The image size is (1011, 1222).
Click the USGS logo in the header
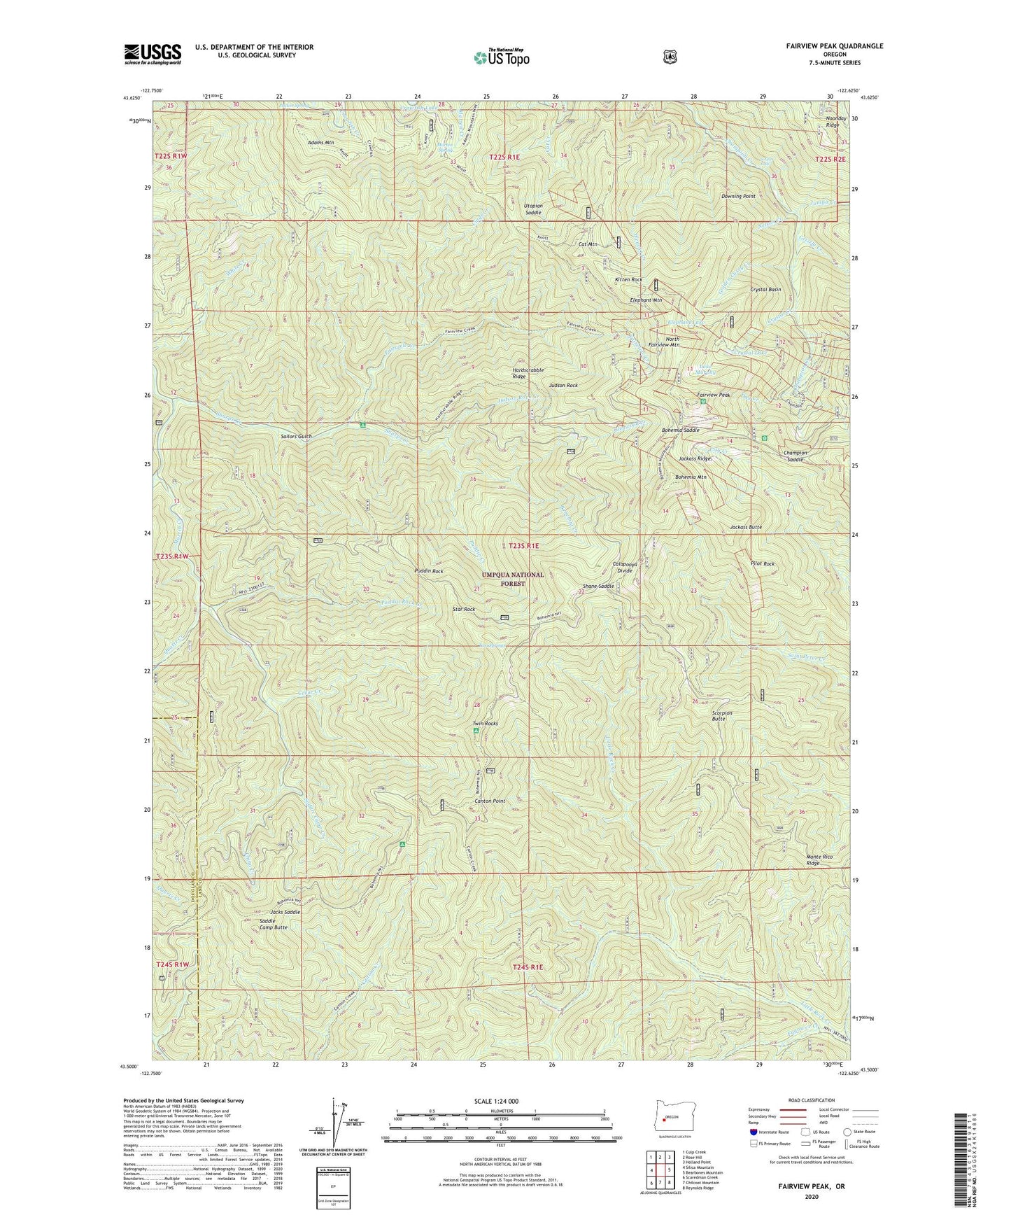[x=153, y=54]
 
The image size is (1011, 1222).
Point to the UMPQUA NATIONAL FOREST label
[x=512, y=578]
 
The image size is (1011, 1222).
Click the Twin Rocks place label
[x=485, y=723]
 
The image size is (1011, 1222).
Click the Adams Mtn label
[x=320, y=142]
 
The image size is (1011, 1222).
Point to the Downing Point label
[x=738, y=197]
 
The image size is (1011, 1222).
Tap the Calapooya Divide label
[x=623, y=567]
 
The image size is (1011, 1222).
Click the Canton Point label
[x=490, y=801]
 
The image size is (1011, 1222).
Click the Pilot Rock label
[x=762, y=563]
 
